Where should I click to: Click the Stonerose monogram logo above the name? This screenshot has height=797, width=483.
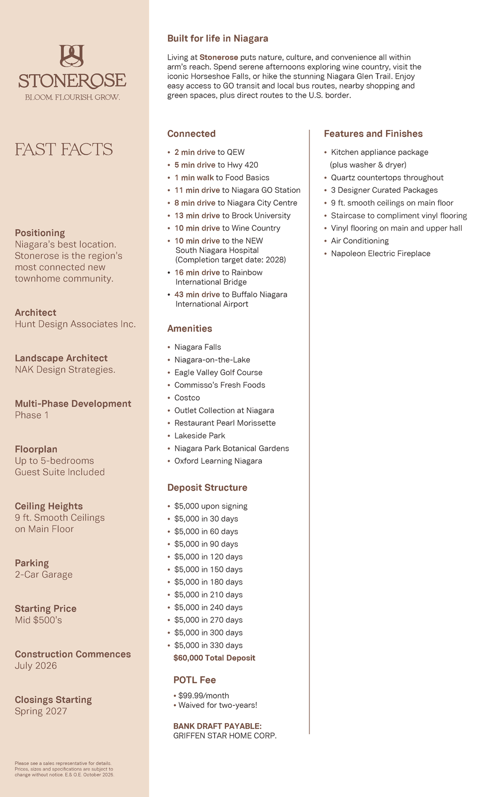point(72,56)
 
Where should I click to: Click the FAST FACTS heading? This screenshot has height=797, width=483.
point(64,149)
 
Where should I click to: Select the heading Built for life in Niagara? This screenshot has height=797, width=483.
point(217,38)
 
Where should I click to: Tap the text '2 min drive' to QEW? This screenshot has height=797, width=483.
point(194,152)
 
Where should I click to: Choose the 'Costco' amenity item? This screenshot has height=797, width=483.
point(187,398)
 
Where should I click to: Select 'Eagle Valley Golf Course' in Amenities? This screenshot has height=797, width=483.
point(218,373)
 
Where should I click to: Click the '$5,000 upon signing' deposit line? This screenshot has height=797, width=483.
point(210,506)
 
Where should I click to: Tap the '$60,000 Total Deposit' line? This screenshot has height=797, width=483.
point(214,658)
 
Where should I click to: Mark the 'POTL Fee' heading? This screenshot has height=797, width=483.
point(194,680)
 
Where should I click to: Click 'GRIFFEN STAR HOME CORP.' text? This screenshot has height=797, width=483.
point(225,736)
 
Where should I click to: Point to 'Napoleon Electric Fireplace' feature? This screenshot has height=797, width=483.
point(381,254)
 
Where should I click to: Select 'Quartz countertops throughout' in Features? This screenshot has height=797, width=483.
point(387,178)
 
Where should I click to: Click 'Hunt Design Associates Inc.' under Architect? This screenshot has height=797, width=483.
point(75,324)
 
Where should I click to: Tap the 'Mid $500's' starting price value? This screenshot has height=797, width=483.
point(38,620)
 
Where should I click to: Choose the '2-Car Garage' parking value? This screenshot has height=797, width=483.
point(44,575)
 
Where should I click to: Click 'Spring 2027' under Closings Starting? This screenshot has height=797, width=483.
point(41,711)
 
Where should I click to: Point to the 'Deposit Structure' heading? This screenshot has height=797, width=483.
point(207,488)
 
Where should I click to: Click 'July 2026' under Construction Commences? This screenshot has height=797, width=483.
point(36,666)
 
